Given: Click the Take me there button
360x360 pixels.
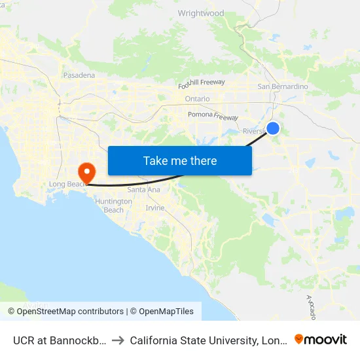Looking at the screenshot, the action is click(180, 160).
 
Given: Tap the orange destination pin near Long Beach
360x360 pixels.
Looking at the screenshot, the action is click(86, 172).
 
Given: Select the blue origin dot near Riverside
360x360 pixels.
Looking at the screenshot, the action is click(273, 129).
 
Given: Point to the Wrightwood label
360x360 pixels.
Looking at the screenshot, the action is click(201, 13).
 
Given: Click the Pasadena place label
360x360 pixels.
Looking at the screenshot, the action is click(79, 75).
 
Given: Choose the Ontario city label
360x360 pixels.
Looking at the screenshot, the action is click(197, 99).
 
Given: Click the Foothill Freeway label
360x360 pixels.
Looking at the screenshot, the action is click(202, 83).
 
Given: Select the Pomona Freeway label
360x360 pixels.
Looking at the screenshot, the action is click(213, 115).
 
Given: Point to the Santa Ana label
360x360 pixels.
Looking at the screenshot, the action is click(143, 190).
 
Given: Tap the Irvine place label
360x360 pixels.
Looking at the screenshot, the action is click(155, 207).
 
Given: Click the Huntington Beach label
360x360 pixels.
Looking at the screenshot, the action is click(113, 206).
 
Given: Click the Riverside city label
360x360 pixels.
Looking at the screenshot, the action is click(254, 131).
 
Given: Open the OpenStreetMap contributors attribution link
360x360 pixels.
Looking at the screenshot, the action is click(70, 312).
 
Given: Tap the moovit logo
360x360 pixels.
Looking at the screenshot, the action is click(321, 339).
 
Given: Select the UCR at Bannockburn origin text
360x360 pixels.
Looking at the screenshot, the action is click(56, 340).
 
